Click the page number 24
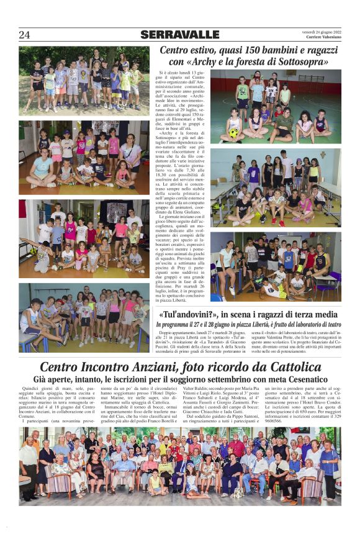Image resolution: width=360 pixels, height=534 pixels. pyautogui.click(x=24, y=35)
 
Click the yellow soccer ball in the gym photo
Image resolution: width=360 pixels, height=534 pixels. pyautogui.click(x=233, y=132)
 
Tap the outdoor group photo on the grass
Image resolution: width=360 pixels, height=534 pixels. pyautogui.click(x=83, y=80)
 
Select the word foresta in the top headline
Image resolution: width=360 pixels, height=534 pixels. pyautogui.click(x=248, y=62)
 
